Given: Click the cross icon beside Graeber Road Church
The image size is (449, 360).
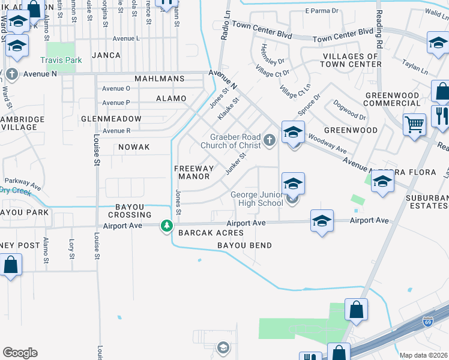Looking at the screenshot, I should click(x=270, y=141).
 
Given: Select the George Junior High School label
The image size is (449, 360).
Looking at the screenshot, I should click(x=257, y=199).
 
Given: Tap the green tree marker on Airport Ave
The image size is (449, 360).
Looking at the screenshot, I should click(x=166, y=226).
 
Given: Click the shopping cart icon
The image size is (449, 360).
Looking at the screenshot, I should click(x=414, y=125).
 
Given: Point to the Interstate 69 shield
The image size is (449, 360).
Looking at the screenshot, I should click(x=428, y=322).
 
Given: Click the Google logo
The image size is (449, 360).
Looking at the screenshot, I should click(x=20, y=353).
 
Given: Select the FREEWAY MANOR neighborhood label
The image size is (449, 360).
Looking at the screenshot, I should click(x=192, y=172).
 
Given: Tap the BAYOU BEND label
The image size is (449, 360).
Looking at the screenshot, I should click(x=244, y=245).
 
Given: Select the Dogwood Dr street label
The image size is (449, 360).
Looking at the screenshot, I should click(x=349, y=110).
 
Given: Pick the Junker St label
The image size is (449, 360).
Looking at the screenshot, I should click(x=235, y=164).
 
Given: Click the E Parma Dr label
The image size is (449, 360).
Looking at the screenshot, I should click(x=322, y=11).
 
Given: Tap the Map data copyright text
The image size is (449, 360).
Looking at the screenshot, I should click(x=423, y=355).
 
